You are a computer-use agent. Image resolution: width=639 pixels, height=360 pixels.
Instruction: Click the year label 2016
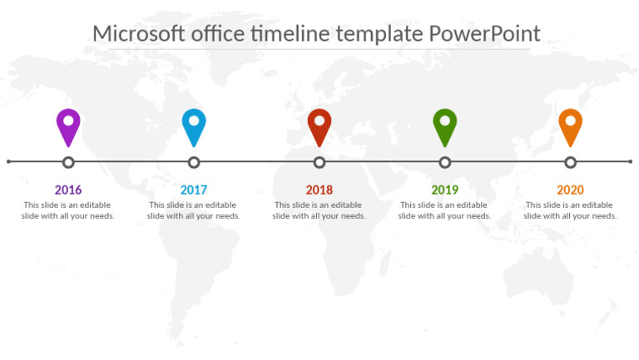68,190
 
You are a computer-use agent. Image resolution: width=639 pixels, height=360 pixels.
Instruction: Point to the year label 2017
194,190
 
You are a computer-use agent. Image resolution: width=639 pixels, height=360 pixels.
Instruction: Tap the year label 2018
319,190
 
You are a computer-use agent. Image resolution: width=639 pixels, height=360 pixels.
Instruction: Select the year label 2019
445,190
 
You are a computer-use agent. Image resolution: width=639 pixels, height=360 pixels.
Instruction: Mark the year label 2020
570,190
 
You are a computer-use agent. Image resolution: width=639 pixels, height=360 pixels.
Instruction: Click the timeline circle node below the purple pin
68,162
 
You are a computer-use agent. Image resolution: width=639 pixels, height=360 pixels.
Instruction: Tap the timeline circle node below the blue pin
194,162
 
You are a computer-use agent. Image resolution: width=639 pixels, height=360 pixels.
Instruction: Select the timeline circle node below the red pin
319,162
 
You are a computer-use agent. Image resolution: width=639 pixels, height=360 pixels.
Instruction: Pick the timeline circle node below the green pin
445,162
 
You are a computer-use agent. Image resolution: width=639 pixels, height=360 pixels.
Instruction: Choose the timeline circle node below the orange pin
570,162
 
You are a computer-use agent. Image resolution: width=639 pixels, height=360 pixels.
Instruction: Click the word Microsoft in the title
138,33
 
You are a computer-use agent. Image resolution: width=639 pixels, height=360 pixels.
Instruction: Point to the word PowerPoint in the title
484,33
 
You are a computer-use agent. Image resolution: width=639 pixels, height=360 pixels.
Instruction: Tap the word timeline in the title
292,33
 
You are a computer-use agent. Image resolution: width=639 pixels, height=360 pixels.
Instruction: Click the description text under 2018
319,210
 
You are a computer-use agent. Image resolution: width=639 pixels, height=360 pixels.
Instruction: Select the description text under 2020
570,210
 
